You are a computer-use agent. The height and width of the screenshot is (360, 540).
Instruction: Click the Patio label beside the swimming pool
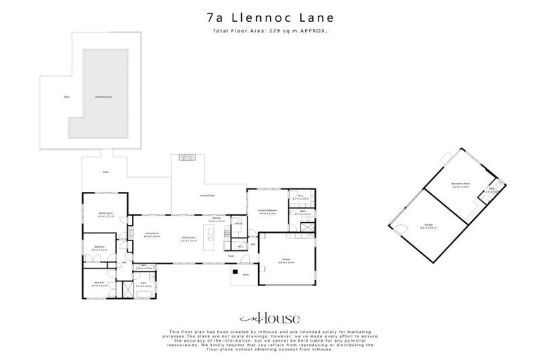[x=67, y=96]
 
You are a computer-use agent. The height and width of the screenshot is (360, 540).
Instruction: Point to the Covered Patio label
[x=206, y=195]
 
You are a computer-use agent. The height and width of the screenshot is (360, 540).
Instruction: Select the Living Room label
[x=152, y=235]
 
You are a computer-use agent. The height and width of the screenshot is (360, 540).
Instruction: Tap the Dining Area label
[x=188, y=238]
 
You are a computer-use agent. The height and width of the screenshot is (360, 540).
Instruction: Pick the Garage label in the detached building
[x=427, y=225]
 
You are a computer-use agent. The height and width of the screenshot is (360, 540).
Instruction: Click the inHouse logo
[x=270, y=318]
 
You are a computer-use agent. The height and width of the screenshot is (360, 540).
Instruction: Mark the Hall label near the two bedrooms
[x=123, y=263]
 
